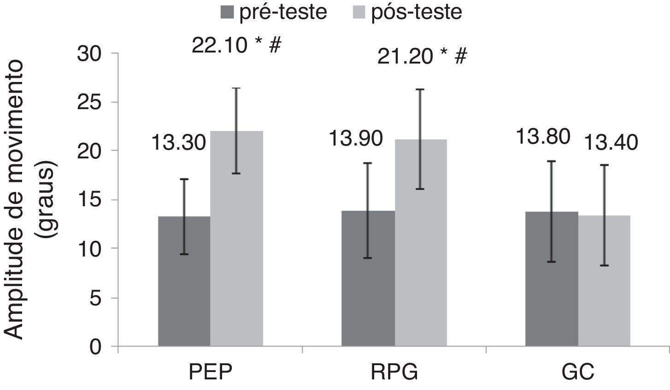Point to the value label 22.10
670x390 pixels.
coord(219,46)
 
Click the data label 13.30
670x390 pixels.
coord(178,143)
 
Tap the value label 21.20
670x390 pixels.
coord(405,57)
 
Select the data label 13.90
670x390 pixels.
coord(355,139)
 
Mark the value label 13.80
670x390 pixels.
coord(543,137)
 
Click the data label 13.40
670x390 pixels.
coord(611,143)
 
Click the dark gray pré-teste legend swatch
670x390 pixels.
coord(227,12)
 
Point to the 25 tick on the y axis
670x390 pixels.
coord(97,103)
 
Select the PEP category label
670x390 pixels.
coord(211,372)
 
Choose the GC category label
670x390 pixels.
coord(578,372)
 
